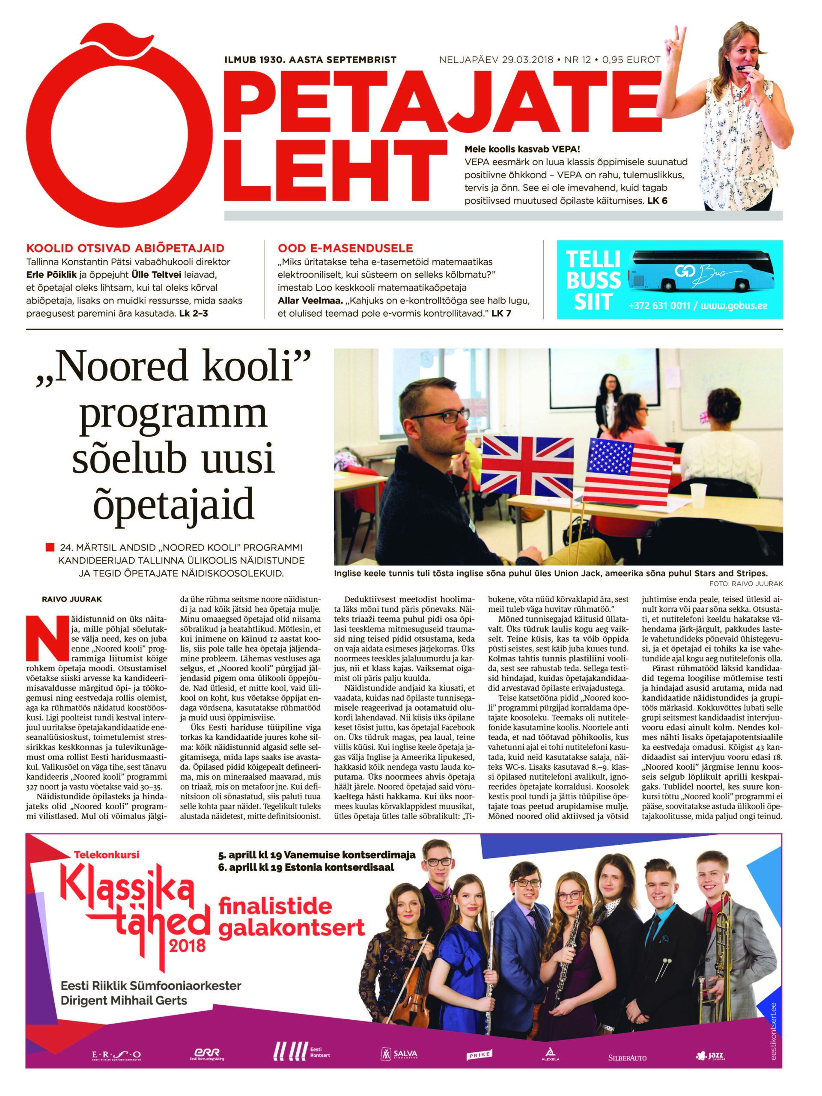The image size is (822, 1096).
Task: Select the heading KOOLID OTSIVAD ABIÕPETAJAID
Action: point(125,248)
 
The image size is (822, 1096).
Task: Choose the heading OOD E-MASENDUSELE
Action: point(345,248)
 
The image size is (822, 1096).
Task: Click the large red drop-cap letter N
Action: point(43,640)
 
